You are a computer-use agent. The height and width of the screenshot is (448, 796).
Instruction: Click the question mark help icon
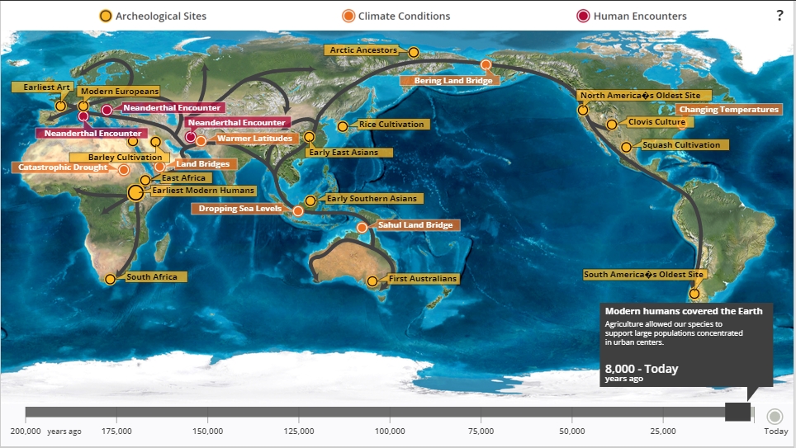[x=779, y=16]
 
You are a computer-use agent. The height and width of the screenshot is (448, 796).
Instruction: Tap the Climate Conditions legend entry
[x=396, y=16]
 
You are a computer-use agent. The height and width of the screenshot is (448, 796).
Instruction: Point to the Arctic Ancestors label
[x=363, y=50]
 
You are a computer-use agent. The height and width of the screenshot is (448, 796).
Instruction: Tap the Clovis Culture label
[x=656, y=122]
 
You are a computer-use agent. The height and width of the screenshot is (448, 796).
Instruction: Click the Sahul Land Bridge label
[x=416, y=224]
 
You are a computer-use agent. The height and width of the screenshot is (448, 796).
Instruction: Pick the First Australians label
[x=422, y=279]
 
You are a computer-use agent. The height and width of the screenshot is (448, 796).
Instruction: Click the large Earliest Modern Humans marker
[x=135, y=193]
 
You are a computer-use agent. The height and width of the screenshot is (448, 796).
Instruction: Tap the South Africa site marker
[x=111, y=279]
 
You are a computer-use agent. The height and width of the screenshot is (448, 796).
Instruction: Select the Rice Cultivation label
[x=391, y=125]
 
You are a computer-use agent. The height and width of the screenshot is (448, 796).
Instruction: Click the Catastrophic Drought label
[x=63, y=167]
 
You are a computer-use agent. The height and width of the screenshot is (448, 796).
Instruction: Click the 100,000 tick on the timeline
[x=390, y=431]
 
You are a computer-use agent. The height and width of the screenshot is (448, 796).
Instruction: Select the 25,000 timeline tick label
[x=663, y=431]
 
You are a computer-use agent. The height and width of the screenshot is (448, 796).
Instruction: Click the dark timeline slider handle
[x=737, y=411]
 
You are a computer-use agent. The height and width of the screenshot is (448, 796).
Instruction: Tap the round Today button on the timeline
[x=775, y=417]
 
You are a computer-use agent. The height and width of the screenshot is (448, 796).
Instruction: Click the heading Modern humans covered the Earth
[x=684, y=311]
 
